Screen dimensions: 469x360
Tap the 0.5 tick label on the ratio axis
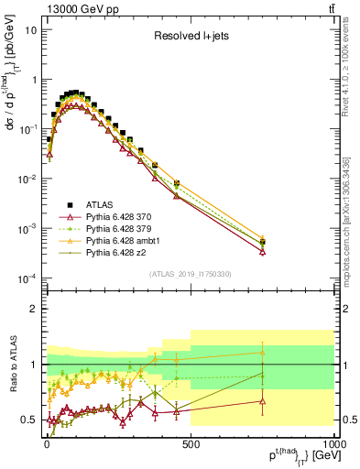[x=29, y=420]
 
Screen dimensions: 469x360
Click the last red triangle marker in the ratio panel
[x=263, y=400]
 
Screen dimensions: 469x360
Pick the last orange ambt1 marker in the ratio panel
[x=263, y=352]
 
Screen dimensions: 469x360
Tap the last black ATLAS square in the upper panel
[x=263, y=243]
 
